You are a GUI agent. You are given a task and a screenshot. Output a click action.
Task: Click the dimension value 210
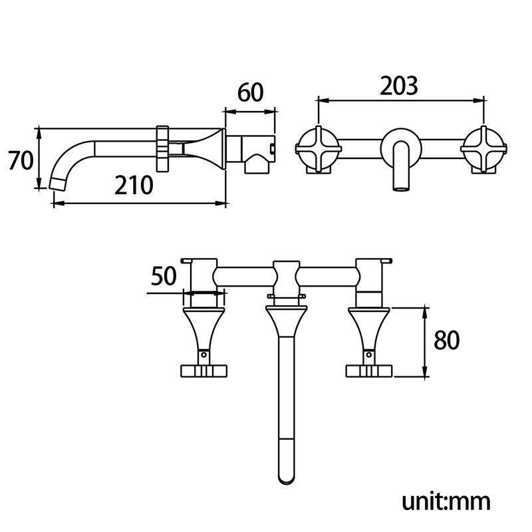[x=134, y=186]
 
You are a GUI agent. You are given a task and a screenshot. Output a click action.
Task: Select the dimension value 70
[x=21, y=160]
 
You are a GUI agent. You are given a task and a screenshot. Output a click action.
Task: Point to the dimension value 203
[x=398, y=86]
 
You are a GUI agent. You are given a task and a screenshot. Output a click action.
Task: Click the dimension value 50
[x=164, y=275]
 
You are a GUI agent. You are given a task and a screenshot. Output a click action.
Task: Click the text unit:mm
[x=446, y=501]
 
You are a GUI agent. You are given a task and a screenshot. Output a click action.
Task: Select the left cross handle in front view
[x=319, y=149]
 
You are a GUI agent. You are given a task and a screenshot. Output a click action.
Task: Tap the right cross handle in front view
[x=484, y=149]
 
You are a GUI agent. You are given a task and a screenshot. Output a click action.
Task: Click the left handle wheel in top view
[x=203, y=371]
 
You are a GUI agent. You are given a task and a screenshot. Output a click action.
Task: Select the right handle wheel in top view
[x=369, y=371]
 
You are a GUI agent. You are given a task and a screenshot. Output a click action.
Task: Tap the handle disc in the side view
[x=162, y=148]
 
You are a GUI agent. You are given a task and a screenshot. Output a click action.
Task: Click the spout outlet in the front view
[x=401, y=188]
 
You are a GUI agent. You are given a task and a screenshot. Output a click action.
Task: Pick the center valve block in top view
[x=287, y=278]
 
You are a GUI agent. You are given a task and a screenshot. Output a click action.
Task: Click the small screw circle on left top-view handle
[x=203, y=355]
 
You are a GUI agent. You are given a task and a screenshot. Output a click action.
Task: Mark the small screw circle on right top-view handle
[x=369, y=355]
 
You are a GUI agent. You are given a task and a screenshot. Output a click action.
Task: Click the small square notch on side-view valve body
[x=272, y=148]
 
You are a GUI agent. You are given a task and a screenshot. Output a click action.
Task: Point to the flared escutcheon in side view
[x=207, y=148]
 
